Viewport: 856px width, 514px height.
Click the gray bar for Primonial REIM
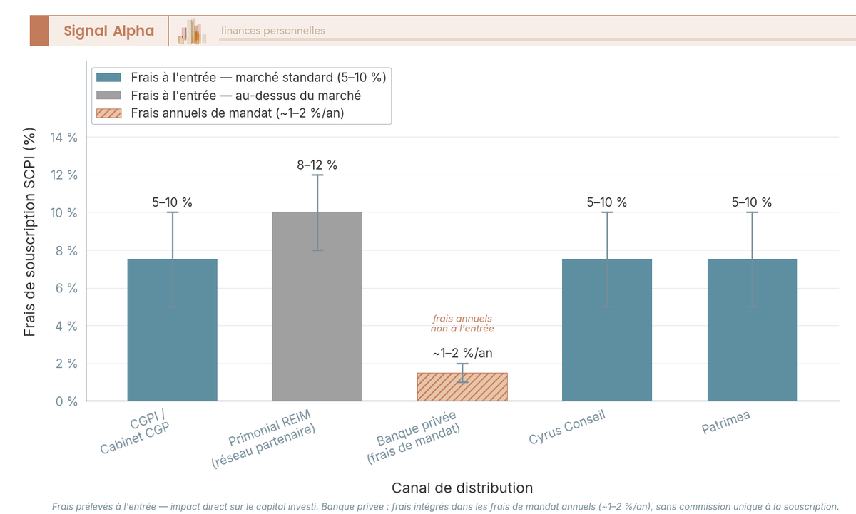(317, 307)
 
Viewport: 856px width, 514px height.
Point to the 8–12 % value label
(317, 165)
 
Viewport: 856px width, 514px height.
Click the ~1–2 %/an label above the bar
(462, 353)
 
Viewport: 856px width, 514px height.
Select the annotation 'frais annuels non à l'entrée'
(462, 324)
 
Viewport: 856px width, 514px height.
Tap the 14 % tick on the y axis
(63, 138)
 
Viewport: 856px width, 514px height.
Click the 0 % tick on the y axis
(66, 401)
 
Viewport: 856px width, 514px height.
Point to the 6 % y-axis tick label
(66, 289)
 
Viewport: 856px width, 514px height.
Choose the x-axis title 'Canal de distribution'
(462, 488)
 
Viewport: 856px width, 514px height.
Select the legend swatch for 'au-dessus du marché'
(109, 96)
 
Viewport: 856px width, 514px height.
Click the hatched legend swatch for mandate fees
(109, 113)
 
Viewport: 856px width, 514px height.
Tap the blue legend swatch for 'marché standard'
(109, 78)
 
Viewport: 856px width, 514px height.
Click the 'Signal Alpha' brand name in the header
(108, 31)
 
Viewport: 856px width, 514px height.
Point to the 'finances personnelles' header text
(272, 31)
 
